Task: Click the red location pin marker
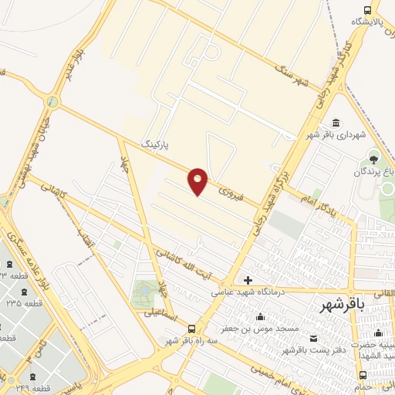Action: (x=198, y=181)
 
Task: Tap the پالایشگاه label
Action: (x=366, y=22)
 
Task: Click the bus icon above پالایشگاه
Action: (x=366, y=10)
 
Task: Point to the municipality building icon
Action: (x=336, y=123)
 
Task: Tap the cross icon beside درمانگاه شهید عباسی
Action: (x=248, y=280)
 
